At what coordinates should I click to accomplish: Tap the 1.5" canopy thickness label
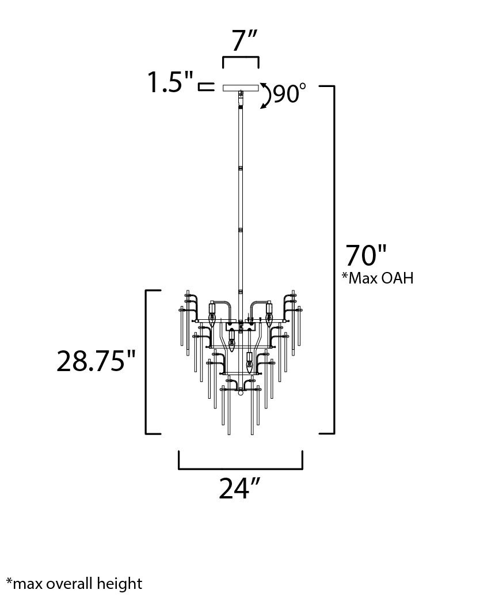click(171, 82)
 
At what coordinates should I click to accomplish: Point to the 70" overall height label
click(366, 255)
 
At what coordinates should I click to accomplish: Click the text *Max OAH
click(378, 278)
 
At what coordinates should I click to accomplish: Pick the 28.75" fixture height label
click(96, 361)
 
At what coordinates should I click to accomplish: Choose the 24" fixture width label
click(240, 488)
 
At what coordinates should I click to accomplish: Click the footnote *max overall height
click(74, 584)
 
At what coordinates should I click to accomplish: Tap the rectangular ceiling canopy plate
click(241, 88)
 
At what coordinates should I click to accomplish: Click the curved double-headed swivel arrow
click(266, 96)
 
